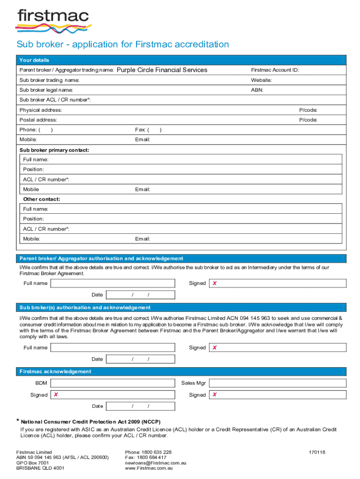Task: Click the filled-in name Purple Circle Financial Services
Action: tap(162, 70)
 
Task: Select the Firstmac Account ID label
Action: tap(275, 70)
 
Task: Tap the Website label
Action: tap(261, 80)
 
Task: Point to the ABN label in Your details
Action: tap(257, 90)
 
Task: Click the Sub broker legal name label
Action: tap(46, 90)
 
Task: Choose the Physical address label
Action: tap(41, 110)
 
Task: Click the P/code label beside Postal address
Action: tap(308, 120)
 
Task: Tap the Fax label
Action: tap(140, 130)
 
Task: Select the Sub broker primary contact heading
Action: tap(54, 150)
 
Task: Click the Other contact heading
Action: tap(42, 199)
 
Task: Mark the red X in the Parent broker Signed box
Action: tap(215, 283)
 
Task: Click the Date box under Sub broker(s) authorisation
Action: tap(140, 359)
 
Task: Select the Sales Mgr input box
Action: tap(277, 383)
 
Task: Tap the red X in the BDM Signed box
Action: tap(56, 395)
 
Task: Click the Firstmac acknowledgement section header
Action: tap(55, 371)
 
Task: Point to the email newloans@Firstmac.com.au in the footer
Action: tap(156, 463)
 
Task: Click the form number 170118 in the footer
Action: tap(317, 452)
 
